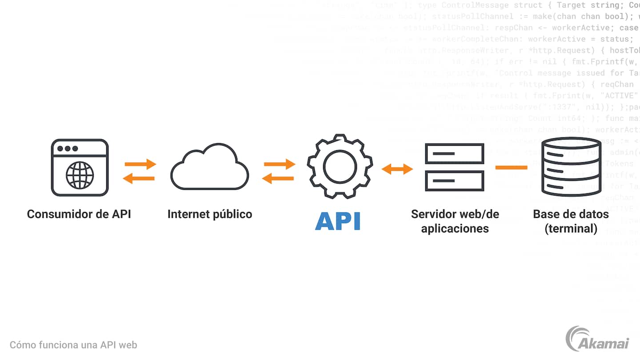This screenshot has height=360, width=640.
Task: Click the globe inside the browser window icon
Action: coord(80,175)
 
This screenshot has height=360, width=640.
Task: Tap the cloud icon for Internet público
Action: coord(209,168)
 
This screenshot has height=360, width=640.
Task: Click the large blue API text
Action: coord(338,221)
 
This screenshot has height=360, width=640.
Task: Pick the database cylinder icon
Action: coord(571,168)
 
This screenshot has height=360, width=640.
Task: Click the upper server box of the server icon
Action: coord(454,154)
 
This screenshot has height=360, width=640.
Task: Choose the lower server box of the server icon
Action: coord(454,181)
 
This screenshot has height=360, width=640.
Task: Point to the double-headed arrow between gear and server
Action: coord(397,169)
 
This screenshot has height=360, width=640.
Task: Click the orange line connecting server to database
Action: coord(512,168)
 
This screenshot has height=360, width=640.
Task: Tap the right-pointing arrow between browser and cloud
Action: coord(140,164)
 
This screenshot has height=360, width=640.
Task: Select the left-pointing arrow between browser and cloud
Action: coord(139,179)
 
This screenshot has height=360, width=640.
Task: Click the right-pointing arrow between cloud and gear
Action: coord(280,164)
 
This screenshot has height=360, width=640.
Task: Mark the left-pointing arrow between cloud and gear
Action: coord(278,179)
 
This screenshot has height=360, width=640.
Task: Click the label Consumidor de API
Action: coord(79,214)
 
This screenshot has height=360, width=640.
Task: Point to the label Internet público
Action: coord(210,214)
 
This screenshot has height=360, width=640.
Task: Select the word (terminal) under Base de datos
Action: coord(571,229)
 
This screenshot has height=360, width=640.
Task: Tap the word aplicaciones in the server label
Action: coord(455,229)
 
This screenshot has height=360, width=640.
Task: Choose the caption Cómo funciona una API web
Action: coord(73,345)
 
